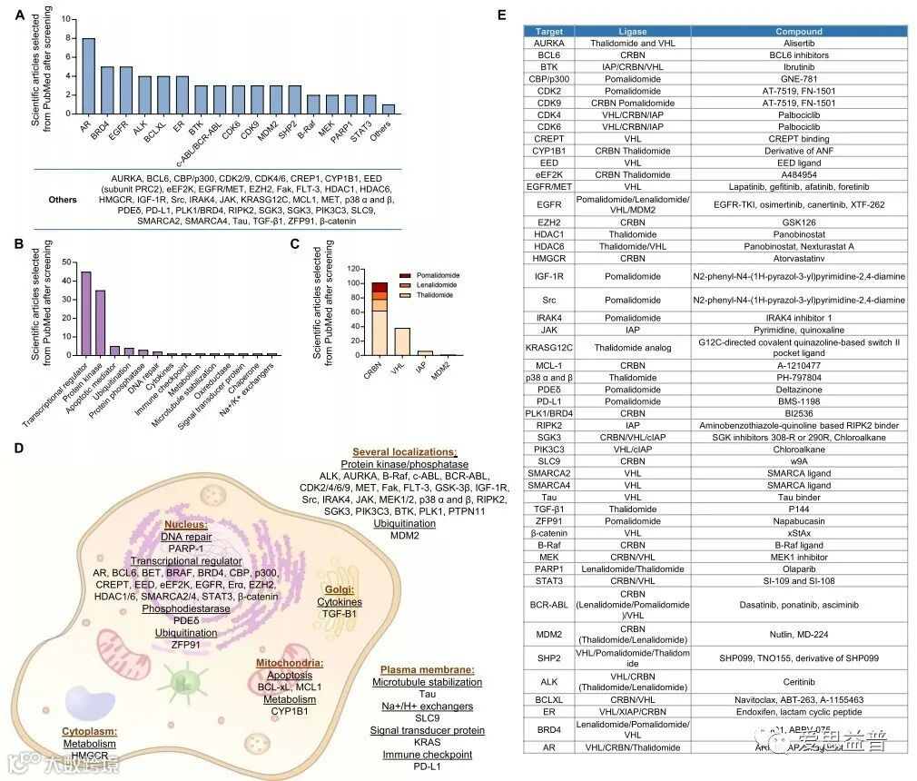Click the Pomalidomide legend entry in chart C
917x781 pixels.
[x=432, y=272]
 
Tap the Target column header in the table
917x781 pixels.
[x=549, y=31]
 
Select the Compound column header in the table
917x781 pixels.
[x=800, y=31]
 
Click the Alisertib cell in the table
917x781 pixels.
[x=800, y=43]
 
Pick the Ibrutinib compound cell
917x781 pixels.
[x=800, y=66]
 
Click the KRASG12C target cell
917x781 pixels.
[x=549, y=346]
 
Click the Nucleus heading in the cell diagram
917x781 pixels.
[x=185, y=524]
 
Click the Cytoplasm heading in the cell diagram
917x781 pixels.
[x=90, y=731]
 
